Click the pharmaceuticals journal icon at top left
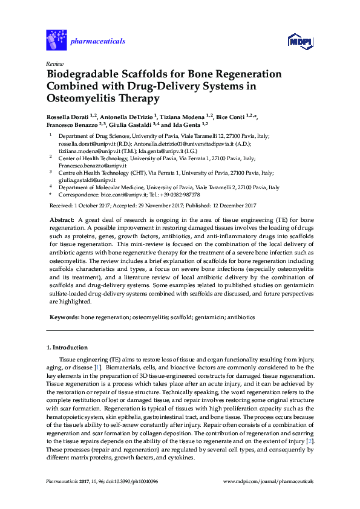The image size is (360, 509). click(57, 41)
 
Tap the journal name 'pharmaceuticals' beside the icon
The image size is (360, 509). click(97, 41)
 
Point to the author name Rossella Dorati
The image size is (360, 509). click(69, 115)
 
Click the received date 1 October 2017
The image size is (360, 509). click(96, 206)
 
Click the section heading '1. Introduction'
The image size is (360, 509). click(67, 348)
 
